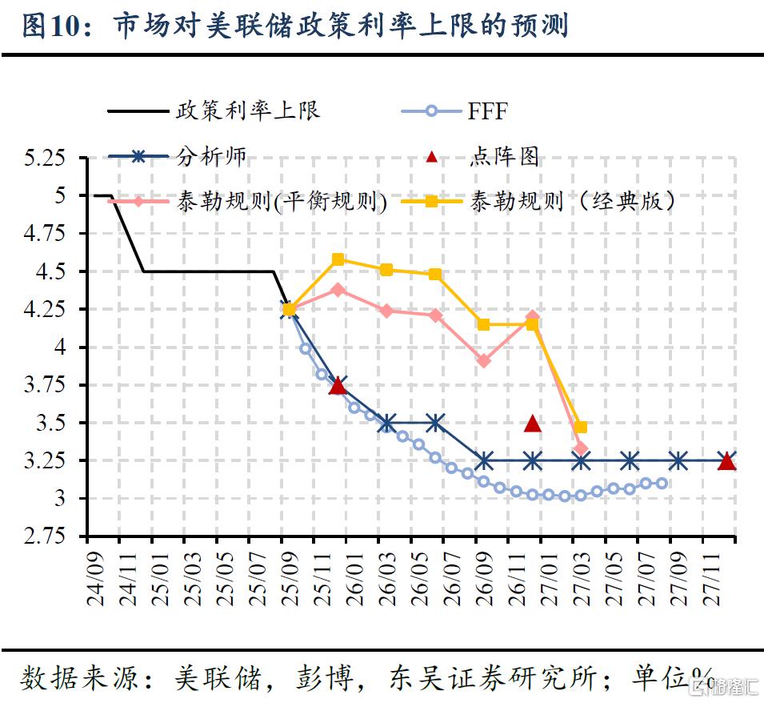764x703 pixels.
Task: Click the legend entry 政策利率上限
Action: (x=248, y=110)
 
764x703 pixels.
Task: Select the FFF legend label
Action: (x=487, y=111)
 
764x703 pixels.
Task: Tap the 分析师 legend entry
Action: (x=211, y=157)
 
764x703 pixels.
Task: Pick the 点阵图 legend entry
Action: (x=504, y=157)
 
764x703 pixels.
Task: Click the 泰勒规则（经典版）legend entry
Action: (x=572, y=201)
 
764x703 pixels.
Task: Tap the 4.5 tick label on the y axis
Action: (x=52, y=271)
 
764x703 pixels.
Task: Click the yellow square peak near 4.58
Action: (x=338, y=259)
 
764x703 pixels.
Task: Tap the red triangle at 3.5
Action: (x=533, y=424)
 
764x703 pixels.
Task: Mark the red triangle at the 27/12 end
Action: (x=726, y=461)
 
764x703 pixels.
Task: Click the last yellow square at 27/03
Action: (x=581, y=427)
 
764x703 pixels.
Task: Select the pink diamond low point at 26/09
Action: (x=484, y=361)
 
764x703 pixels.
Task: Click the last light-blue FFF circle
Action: (x=662, y=483)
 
